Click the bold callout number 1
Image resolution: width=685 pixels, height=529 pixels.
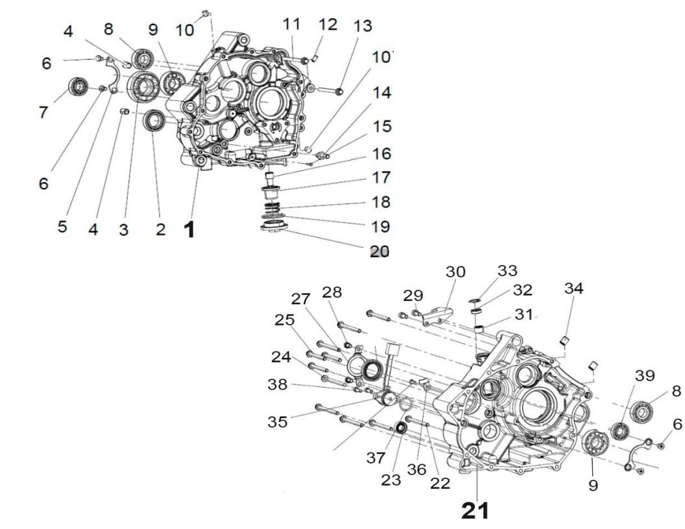(189, 229)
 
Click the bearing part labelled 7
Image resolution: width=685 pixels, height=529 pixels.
(78, 86)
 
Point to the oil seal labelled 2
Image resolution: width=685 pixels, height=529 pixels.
(154, 120)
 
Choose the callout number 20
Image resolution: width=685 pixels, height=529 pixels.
(379, 252)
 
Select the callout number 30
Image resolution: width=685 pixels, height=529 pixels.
(454, 272)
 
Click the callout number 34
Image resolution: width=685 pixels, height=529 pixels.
(573, 288)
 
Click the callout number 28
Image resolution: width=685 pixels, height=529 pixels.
(331, 292)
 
